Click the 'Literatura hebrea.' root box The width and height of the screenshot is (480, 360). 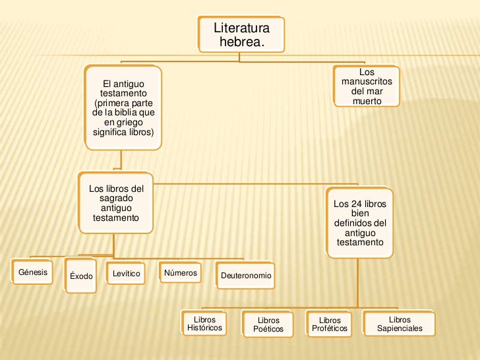pos(241,34)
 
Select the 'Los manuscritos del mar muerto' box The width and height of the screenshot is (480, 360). pos(367,86)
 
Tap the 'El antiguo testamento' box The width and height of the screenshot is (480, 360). pos(123,107)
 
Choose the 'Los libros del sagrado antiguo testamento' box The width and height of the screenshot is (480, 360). pos(116,203)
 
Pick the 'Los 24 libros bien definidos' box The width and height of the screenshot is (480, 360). pos(360,223)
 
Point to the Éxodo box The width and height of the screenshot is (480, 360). pos(81,276)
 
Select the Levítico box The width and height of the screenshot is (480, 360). pos(127,274)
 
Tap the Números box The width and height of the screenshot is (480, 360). pos(180,272)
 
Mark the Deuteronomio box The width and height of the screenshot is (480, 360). pos(245,276)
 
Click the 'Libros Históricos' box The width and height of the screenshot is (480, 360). pos(204,323)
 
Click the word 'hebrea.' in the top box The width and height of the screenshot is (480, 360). pos(241,42)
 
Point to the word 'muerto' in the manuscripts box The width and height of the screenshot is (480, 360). pos(367,101)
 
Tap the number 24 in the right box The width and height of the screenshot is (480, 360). pos(355,204)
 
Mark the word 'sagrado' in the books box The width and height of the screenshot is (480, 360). pos(115,198)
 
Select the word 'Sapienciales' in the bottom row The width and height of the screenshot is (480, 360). pos(400,328)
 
